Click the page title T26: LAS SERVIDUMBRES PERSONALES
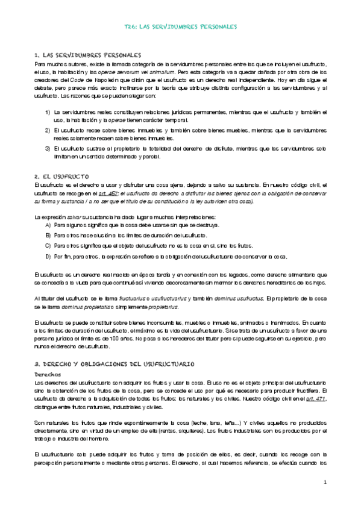(180, 27)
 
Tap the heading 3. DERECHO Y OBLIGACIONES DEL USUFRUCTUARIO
(114, 365)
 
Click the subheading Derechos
(48, 374)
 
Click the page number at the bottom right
(324, 482)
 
